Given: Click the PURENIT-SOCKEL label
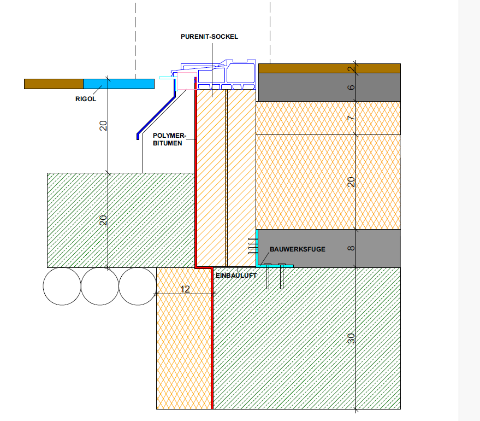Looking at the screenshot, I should pyautogui.click(x=210, y=37).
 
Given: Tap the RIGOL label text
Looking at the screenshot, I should pyautogui.click(x=87, y=100).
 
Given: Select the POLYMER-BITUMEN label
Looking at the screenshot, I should pyautogui.click(x=170, y=139).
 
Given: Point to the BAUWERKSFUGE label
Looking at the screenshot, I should pyautogui.click(x=297, y=249).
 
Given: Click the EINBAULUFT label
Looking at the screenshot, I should pyautogui.click(x=236, y=276).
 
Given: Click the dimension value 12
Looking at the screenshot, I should pyautogui.click(x=185, y=289).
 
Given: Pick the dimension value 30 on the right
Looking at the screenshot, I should pyautogui.click(x=351, y=338).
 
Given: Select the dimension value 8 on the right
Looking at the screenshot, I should pyautogui.click(x=351, y=248).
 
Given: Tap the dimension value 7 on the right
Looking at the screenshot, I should pyautogui.click(x=351, y=118).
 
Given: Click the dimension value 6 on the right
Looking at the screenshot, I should pyautogui.click(x=351, y=87).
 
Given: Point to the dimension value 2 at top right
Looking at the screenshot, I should pyautogui.click(x=351, y=68).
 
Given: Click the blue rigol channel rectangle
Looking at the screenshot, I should pyautogui.click(x=118, y=84).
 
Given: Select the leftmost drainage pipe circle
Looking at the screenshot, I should pyautogui.click(x=62, y=286).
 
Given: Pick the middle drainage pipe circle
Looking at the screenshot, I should pyautogui.click(x=99, y=286).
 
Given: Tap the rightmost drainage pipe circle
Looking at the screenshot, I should pyautogui.click(x=137, y=286).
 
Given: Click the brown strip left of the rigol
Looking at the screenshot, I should pyautogui.click(x=54, y=84).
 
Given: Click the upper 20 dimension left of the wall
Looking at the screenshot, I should pyautogui.click(x=103, y=126).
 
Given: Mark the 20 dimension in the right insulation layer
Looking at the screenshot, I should pyautogui.click(x=351, y=182).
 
